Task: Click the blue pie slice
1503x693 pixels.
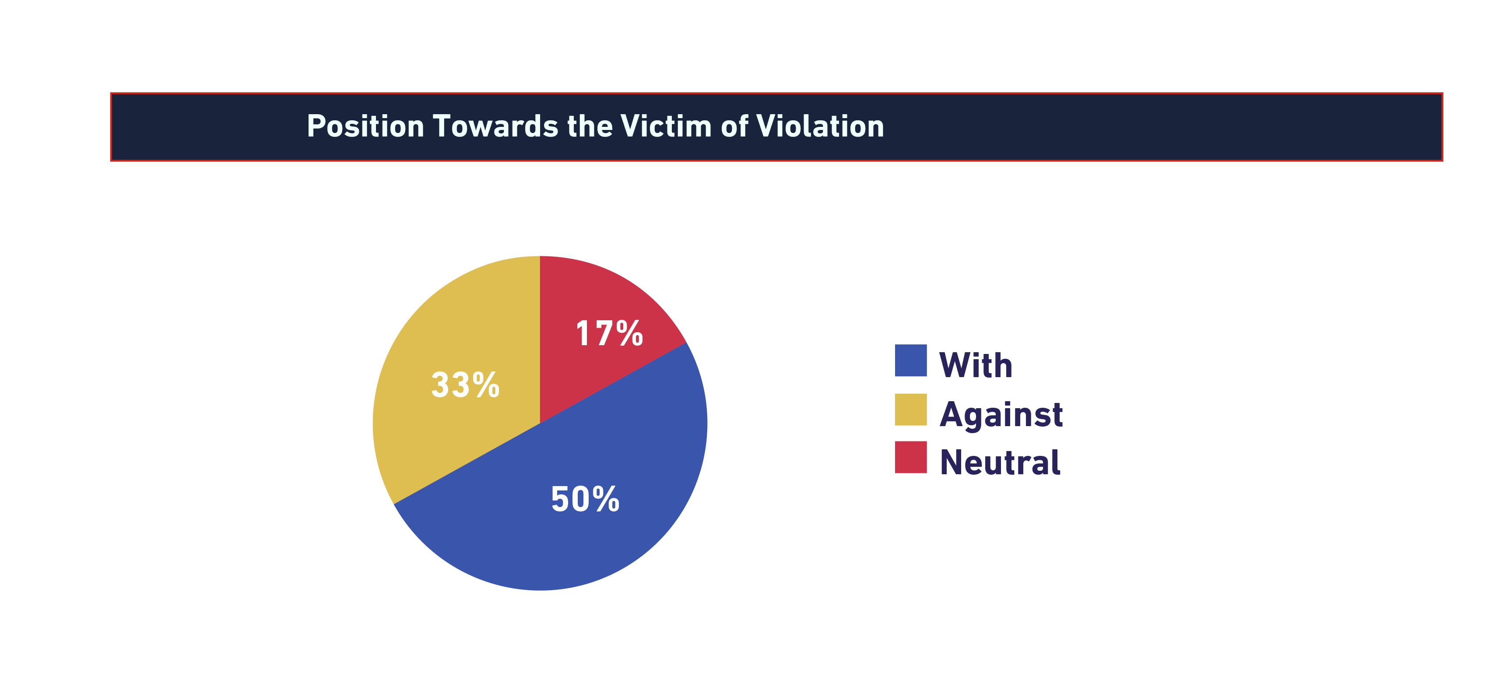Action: point(572,525)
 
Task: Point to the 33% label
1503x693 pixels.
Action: point(465,385)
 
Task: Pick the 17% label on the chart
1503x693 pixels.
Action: point(609,334)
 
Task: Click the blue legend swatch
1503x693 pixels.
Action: point(911,360)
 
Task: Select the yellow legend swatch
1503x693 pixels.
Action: point(911,409)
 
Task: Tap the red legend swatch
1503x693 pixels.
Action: point(911,457)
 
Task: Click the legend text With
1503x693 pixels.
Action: point(976,366)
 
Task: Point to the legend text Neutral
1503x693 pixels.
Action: point(1000,462)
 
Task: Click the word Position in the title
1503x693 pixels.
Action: point(365,126)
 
